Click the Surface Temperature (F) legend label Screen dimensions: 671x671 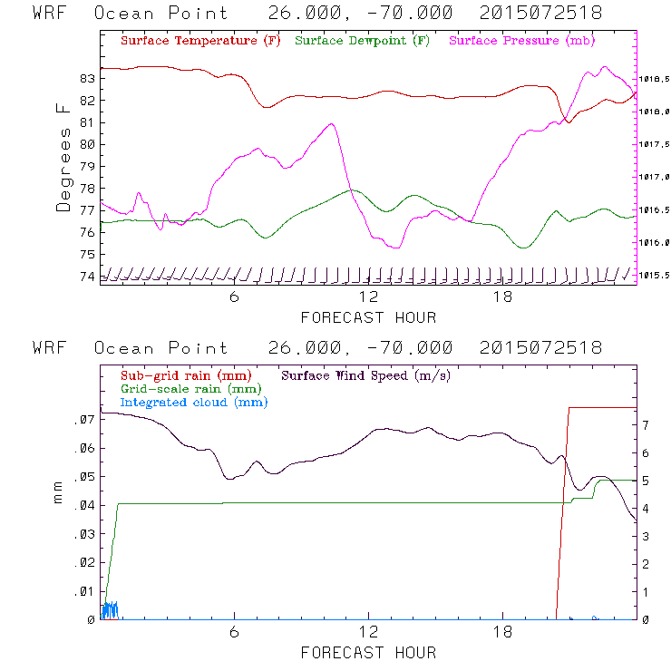[199, 42]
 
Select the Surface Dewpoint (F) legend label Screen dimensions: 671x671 [363, 42]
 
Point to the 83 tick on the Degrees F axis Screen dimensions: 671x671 [88, 78]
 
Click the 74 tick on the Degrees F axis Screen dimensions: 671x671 [88, 276]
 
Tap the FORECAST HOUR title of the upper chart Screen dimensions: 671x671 [368, 317]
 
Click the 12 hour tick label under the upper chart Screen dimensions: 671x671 [368, 297]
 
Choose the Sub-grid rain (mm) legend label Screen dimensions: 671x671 [185, 374]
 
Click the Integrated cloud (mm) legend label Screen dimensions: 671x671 [194, 402]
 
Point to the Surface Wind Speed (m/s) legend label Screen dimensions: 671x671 [366, 374]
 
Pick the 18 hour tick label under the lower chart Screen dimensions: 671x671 [502, 633]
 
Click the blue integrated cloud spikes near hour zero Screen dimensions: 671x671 [110, 609]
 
